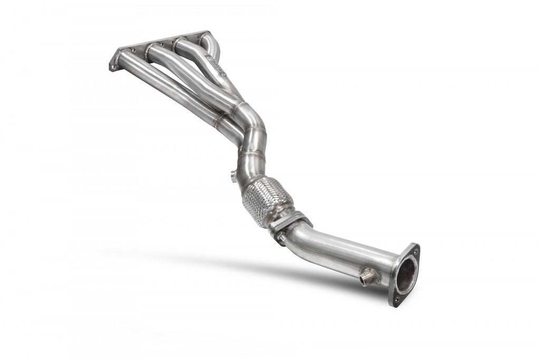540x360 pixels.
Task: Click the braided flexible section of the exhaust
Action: click(x=266, y=201)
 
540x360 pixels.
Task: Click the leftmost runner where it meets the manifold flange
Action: click(x=123, y=55)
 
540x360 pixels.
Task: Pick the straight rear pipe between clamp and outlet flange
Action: click(x=348, y=253)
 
